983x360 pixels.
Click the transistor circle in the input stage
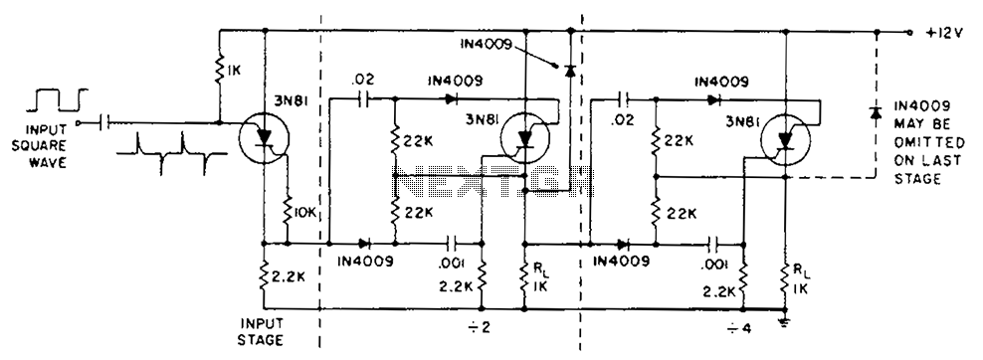[264, 138]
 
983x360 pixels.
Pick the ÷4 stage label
[740, 327]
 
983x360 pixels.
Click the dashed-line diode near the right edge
[876, 113]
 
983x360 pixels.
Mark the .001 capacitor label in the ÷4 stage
[714, 265]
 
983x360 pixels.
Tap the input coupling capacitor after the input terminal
[104, 122]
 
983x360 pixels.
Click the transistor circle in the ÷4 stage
[786, 141]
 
